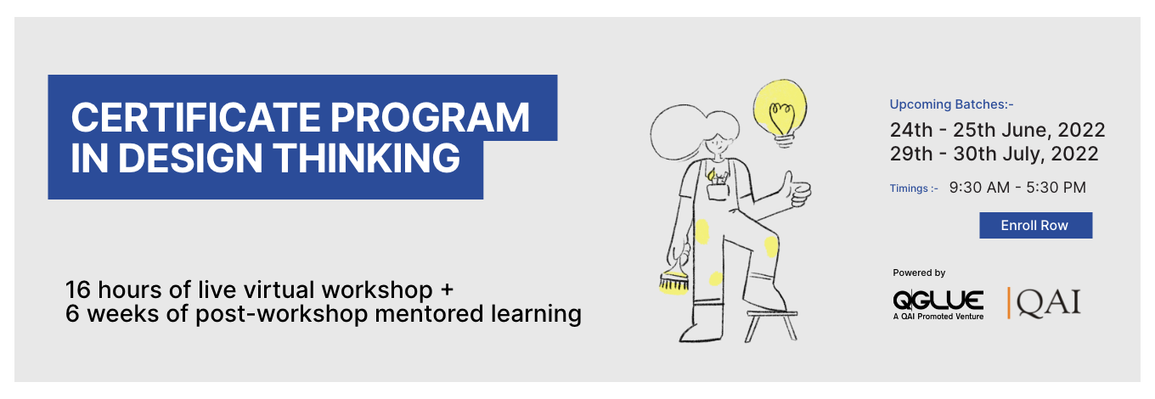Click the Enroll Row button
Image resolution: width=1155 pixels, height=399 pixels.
[1035, 225]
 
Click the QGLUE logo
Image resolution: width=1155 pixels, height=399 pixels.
[938, 305]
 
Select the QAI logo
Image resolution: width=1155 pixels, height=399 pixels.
[1044, 302]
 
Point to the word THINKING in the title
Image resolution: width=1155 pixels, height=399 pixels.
[366, 157]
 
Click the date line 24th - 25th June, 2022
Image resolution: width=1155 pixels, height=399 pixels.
[997, 130]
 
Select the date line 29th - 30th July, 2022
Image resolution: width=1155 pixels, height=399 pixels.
[994, 154]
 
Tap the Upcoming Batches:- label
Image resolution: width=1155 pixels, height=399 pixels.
[951, 104]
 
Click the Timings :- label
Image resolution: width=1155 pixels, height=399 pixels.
[914, 188]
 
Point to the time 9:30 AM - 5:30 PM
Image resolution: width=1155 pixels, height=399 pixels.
[1017, 187]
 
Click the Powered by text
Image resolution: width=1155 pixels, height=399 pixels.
[919, 273]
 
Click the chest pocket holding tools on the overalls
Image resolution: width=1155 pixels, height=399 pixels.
[718, 187]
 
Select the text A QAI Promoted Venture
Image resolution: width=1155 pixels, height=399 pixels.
[938, 317]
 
